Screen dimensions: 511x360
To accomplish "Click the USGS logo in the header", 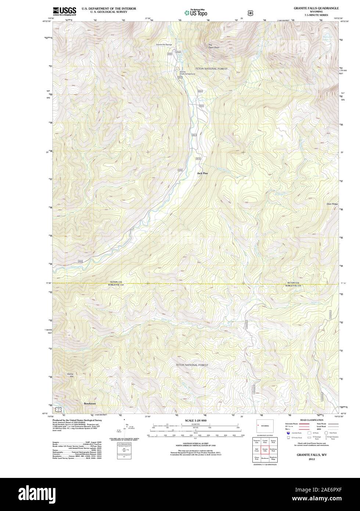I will coord(64,11).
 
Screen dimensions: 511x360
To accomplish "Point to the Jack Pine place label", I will coord(202,173).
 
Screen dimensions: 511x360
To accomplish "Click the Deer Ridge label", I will coord(332,204).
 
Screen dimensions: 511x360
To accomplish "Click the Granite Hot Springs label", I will coord(164,44).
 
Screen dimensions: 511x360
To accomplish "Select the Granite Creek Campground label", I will coord(187,73).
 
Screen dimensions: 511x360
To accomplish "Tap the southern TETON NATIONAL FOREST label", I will coord(192,365).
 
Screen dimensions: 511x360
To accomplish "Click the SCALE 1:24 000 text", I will coord(196,420).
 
